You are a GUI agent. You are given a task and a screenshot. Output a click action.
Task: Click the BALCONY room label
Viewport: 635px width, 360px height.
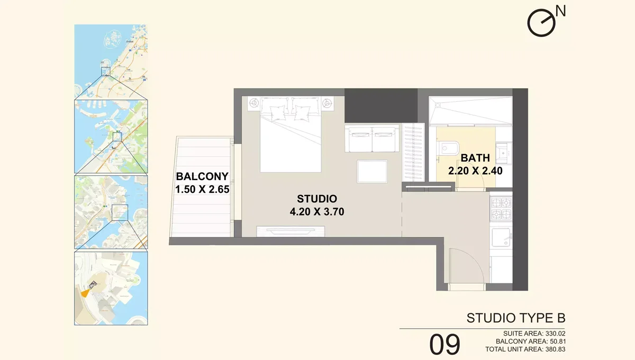coord(202,176)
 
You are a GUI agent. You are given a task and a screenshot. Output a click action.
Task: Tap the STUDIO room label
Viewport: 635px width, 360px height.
coord(317,199)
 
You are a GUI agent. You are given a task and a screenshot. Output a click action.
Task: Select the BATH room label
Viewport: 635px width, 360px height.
coord(475,158)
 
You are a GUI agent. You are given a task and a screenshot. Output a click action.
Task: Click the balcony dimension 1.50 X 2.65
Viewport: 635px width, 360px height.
coord(202,189)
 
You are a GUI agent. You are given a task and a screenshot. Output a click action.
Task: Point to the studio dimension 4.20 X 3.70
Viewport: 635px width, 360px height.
coord(317,212)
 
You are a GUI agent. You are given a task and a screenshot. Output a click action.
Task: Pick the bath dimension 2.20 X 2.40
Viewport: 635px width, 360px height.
coord(475,171)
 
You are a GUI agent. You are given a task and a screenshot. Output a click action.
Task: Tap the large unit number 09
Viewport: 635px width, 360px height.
coord(444,345)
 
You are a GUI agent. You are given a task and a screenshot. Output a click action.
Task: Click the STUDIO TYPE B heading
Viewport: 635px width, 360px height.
coord(516,318)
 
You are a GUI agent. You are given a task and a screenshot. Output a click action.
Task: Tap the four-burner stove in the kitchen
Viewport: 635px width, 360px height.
coord(501,208)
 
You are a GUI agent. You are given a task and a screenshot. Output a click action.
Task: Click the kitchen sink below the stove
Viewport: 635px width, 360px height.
coord(501,237)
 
